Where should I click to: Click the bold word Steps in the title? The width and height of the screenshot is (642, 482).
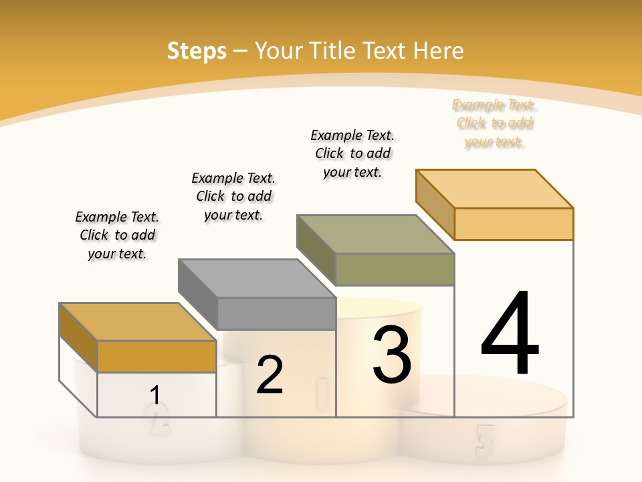tap(197, 51)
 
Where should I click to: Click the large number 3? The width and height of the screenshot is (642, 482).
tap(392, 354)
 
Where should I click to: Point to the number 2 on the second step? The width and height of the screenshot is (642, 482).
tap(270, 376)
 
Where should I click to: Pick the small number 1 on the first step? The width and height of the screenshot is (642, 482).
tap(155, 396)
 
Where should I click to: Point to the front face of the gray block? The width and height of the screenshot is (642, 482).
tap(277, 313)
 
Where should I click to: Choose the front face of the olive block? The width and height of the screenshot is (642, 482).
tap(395, 269)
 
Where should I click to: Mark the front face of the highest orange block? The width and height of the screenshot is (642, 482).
tap(514, 224)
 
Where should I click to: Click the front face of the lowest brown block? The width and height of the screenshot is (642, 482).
tap(156, 356)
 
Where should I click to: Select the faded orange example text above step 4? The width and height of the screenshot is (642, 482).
tap(494, 123)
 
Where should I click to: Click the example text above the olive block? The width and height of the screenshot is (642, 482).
tap(352, 153)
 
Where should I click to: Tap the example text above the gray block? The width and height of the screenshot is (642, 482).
tap(233, 196)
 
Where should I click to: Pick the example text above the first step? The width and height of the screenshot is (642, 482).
tap(117, 235)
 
